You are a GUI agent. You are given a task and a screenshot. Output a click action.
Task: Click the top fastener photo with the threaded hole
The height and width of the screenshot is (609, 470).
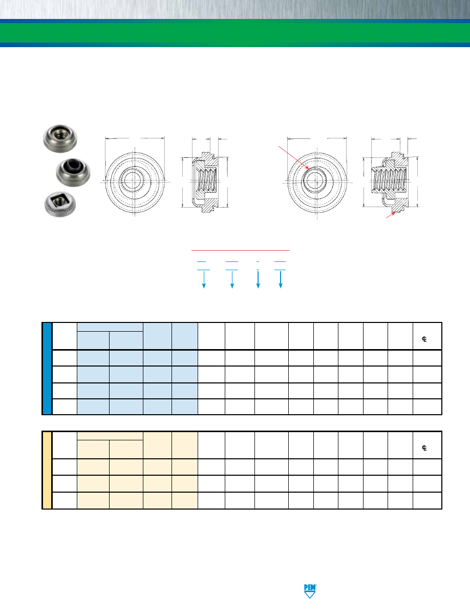[60, 138]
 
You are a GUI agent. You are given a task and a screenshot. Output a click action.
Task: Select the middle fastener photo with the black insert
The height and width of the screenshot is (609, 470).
[73, 172]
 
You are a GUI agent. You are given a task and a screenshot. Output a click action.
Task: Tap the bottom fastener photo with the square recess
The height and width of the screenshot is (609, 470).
[60, 205]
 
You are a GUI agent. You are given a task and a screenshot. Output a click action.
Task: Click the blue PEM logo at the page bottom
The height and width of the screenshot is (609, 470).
[310, 591]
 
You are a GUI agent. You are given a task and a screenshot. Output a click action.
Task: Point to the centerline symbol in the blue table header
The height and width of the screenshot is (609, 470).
[424, 339]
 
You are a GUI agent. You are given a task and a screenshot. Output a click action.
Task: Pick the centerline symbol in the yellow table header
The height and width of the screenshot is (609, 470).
[424, 448]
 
